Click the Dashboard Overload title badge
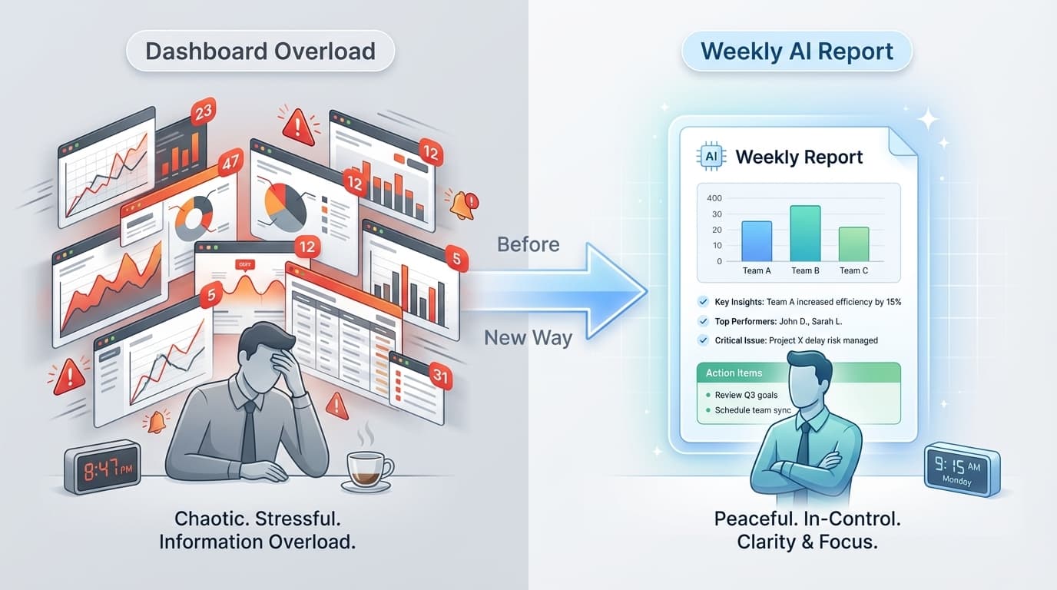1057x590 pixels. (260, 51)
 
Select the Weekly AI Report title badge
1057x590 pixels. (797, 51)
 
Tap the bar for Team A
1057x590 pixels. (757, 241)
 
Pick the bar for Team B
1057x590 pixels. (805, 234)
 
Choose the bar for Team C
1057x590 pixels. (853, 244)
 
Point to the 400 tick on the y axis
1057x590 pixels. (714, 198)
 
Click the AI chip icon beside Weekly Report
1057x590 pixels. (711, 156)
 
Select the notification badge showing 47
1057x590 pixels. (230, 163)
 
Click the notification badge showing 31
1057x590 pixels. (440, 376)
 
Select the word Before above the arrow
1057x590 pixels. (528, 244)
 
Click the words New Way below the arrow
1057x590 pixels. (528, 337)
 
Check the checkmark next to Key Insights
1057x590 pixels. (703, 302)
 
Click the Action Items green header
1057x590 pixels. (798, 373)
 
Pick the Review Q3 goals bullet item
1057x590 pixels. (745, 395)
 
